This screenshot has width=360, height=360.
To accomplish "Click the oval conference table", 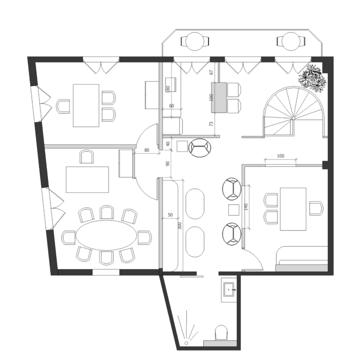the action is click(x=106, y=235).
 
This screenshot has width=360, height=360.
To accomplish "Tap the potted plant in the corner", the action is click(x=312, y=78).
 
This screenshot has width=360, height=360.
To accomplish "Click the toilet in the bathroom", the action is click(x=221, y=332).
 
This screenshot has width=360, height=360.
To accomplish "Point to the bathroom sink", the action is click(x=228, y=289).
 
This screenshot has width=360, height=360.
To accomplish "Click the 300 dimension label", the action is click(x=180, y=226).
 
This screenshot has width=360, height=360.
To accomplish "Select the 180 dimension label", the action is click(x=168, y=89).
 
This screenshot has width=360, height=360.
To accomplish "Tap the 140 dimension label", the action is click(x=246, y=207).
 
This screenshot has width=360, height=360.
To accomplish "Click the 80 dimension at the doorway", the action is click(x=146, y=150).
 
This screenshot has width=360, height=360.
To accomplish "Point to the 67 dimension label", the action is click(x=211, y=72).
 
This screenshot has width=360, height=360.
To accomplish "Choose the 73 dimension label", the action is click(x=211, y=124).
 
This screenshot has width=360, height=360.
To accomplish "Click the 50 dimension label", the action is click(x=170, y=215).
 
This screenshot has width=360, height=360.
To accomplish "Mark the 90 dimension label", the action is click(x=168, y=163).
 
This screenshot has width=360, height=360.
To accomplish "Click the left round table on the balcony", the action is click(x=195, y=41).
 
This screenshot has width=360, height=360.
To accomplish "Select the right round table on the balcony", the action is click(x=291, y=41).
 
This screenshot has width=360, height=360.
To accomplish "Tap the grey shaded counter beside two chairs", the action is click(x=219, y=97).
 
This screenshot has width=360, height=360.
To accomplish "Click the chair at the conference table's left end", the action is click(x=68, y=237).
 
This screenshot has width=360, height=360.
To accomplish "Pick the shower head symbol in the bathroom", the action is click(x=186, y=343).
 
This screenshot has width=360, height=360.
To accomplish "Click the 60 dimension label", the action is click(x=171, y=106).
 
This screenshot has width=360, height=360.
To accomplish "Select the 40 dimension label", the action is click(x=168, y=144).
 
